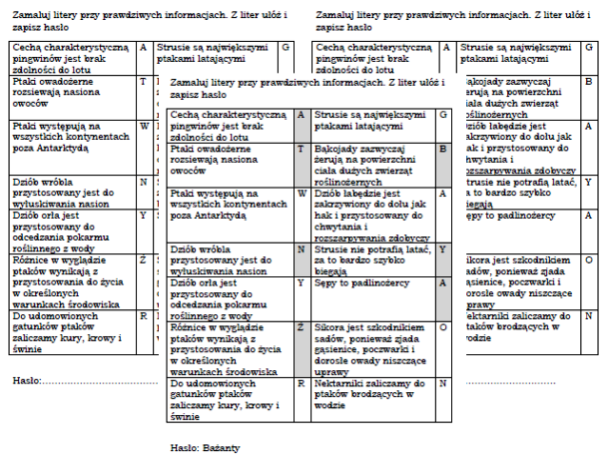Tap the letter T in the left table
[144, 81]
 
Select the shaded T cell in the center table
[301, 149]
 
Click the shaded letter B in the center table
[443, 149]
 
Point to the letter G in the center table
[443, 116]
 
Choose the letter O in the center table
[443, 326]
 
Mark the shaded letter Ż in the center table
[301, 326]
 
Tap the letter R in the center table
[301, 382]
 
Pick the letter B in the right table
[588, 81]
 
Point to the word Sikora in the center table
[329, 326]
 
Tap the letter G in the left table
[286, 48]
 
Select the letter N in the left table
[144, 182]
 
